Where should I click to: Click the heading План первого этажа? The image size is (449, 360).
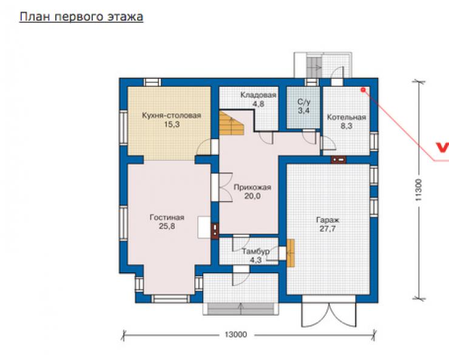coord(81,16)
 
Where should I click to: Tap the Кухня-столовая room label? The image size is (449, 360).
coord(172,115)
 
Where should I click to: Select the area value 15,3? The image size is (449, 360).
coord(172,124)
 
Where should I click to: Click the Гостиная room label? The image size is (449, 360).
coord(167,217)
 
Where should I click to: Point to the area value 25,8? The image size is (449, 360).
coord(167,226)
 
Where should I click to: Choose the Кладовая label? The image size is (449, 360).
coord(258,95)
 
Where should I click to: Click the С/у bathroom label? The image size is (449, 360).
coord(304,101)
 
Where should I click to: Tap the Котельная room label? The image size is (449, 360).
coord(346,117)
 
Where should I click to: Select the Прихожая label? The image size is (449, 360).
coord(252,188)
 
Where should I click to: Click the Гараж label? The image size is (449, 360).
coord(328,220)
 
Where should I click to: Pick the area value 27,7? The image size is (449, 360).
coord(328,229)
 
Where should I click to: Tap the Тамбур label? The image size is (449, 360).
coord(255,251)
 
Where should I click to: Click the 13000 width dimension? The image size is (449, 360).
coord(235,335)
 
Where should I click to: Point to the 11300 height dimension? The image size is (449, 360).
coord(419,189)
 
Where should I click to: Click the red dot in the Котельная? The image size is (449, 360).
coord(363,90)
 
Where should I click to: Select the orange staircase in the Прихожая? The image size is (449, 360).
coord(231,123)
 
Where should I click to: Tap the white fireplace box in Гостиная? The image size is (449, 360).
coord(204,228)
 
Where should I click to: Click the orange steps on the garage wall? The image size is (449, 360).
coord(291,253)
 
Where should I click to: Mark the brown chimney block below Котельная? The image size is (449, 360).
coord(339,160)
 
